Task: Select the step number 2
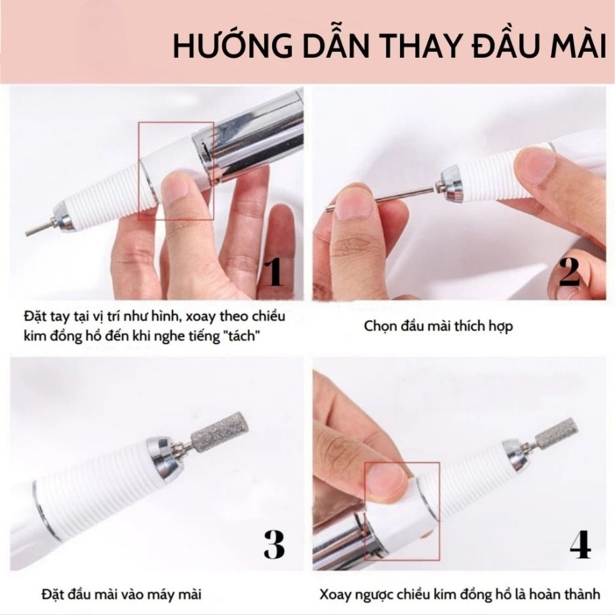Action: pos(570,272)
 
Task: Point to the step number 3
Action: pos(273,544)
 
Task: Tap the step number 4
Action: pos(580,544)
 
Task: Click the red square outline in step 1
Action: pos(176,170)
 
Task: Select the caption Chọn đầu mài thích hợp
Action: pos(438,325)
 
